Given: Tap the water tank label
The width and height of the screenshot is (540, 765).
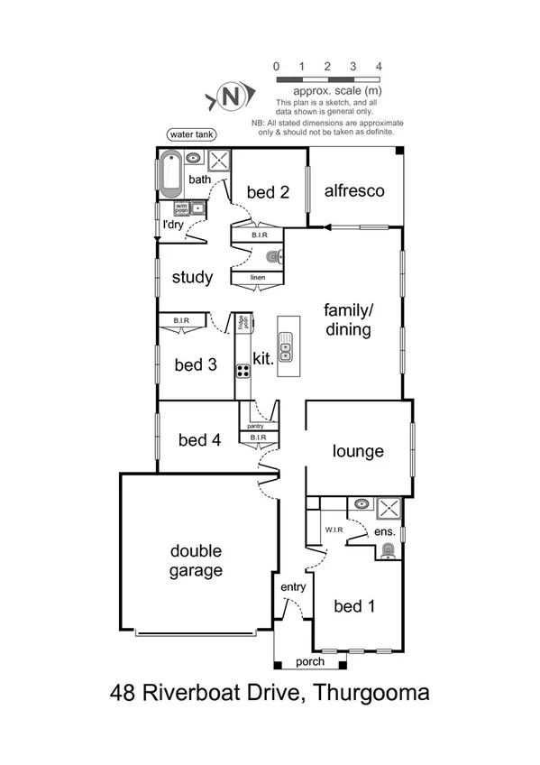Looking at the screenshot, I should click(191, 134).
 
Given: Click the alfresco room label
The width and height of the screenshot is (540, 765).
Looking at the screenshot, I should click(354, 191).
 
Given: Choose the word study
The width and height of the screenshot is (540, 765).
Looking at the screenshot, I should click(192, 277).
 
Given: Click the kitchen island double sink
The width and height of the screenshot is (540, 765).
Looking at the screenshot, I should click(285, 348).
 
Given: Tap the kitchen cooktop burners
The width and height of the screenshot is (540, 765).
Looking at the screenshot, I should click(243, 370).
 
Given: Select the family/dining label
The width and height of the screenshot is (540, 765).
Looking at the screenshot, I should click(348, 319).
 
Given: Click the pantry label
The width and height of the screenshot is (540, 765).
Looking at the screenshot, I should click(254, 425).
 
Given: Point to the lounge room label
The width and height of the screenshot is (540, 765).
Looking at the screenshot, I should click(358, 451).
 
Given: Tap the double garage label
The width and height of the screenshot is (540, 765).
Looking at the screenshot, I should click(196, 560).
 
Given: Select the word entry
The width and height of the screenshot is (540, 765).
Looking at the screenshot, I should click(294, 587).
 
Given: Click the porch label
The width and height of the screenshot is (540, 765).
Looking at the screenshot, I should click(310, 662).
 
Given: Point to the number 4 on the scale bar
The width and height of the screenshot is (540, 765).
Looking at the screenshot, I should click(379, 67).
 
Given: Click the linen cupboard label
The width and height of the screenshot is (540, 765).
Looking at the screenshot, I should click(257, 277).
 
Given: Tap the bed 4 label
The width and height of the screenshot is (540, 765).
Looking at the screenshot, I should click(199, 440).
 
